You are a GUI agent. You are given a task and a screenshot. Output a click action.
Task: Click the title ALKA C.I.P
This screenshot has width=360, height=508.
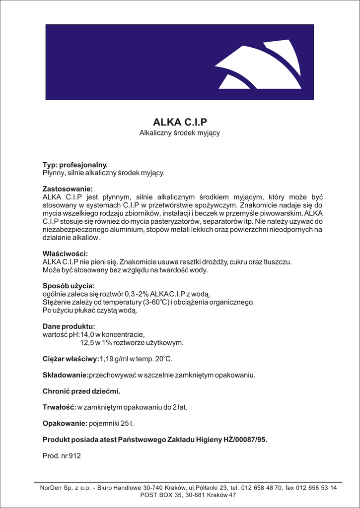coord(179,122)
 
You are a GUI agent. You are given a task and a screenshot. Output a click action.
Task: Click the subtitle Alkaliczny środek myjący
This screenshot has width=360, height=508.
coord(179,133)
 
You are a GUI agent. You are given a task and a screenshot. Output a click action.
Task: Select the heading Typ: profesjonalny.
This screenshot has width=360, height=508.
coord(75,165)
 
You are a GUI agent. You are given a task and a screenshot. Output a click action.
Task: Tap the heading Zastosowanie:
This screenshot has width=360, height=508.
coord(68,189)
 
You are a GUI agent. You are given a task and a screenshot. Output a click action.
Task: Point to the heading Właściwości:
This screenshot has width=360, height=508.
coord(65,254)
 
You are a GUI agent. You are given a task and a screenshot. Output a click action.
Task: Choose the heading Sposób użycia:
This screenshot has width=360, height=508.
coord(69,286)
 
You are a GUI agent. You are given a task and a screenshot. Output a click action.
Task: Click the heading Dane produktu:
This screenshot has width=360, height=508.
coord(69,326)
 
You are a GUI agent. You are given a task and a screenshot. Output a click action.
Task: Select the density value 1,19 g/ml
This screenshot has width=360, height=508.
coord(115,359)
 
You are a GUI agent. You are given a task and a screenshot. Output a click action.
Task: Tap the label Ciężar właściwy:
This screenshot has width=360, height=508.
coord(71,359)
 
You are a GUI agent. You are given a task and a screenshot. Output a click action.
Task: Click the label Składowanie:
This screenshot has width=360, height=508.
coord(66,375)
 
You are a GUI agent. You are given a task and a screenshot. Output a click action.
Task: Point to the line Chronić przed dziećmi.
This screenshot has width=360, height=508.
coord(81,391)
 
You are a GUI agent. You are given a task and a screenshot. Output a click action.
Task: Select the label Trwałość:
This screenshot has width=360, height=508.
coord(59,407)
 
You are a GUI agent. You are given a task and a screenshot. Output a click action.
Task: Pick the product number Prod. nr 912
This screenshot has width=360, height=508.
coord(62,455)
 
